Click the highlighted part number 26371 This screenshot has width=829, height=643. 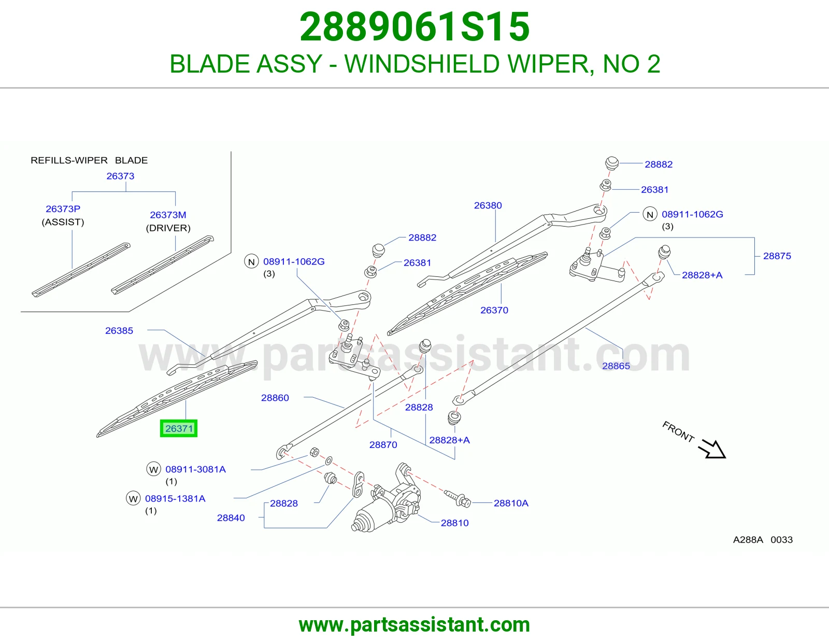(x=179, y=428)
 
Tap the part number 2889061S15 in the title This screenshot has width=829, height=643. (x=414, y=27)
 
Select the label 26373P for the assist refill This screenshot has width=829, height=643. (x=63, y=209)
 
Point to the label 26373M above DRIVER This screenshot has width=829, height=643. (x=168, y=215)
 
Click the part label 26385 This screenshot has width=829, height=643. (x=119, y=331)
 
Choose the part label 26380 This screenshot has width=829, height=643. (x=488, y=205)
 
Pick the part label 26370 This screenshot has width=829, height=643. (x=494, y=310)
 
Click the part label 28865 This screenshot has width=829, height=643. (x=616, y=366)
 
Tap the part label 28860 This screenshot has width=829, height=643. (x=275, y=398)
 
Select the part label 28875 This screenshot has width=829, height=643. (x=777, y=256)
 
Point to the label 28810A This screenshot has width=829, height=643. (x=511, y=503)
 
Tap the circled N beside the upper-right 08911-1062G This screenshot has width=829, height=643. (x=650, y=214)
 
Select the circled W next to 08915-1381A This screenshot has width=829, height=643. (x=133, y=498)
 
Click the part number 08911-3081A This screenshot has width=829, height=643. (x=195, y=469)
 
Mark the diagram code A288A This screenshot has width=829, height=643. (x=748, y=539)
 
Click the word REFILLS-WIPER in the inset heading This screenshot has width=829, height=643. (x=69, y=160)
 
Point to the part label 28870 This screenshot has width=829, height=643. (x=383, y=445)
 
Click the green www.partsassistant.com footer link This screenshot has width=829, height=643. (x=414, y=625)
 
